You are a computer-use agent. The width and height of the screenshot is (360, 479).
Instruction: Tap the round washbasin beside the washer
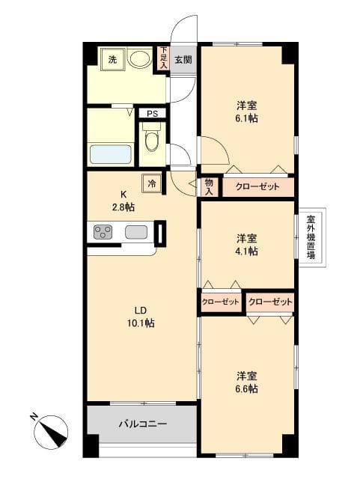139,58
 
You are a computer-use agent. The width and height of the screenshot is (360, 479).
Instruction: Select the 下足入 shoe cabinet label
163,59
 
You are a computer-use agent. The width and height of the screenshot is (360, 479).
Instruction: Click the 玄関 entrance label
183,60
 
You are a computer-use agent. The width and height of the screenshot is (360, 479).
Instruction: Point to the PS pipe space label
152,114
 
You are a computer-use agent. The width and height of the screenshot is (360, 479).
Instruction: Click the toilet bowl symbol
152,140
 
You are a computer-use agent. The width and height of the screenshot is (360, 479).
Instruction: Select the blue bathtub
111,154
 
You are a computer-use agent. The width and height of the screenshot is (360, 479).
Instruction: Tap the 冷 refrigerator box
151,181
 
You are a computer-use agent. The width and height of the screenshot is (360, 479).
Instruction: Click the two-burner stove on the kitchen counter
103,233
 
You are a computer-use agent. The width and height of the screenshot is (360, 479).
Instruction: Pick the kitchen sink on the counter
136,233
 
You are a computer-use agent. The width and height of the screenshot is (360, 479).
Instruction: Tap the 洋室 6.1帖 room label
246,112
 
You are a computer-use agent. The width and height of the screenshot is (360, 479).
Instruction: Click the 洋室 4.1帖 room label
247,245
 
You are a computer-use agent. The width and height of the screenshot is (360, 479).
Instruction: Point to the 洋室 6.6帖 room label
247,382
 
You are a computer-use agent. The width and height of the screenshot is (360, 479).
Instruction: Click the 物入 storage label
209,186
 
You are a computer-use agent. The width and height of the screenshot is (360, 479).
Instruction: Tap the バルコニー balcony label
142,424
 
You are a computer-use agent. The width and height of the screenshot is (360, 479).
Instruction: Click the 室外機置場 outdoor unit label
310,238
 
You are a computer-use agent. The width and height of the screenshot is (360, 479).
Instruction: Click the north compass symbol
51,429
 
